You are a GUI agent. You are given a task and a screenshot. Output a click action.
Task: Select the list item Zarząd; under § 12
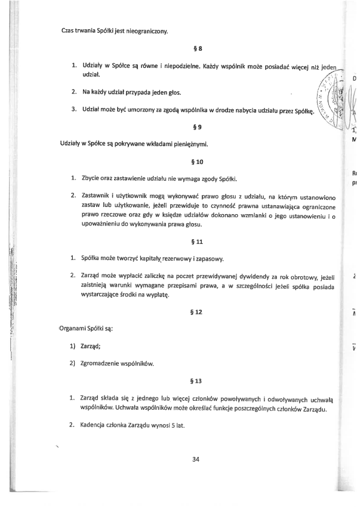tap(92, 345)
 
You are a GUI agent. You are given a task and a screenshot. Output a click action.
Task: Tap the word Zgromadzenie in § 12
tap(105, 363)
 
